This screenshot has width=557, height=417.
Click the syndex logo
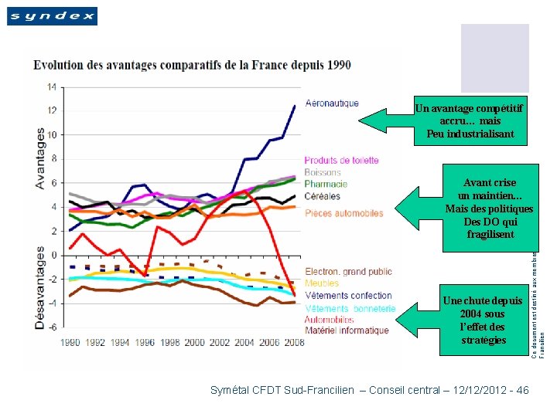point(52,15)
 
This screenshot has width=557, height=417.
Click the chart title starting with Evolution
point(191,65)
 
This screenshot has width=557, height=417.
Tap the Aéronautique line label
point(332,103)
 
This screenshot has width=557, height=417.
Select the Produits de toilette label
point(341,161)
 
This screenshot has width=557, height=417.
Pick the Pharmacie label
point(326,184)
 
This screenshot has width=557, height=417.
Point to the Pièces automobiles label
point(343,213)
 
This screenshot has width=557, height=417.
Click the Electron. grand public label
point(348,272)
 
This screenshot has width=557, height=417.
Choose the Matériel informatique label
point(347,331)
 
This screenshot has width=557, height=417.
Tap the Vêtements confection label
point(348,296)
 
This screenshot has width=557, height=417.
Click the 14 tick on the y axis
point(51,86)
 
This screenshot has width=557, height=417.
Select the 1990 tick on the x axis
point(70,342)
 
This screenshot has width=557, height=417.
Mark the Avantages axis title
point(40,158)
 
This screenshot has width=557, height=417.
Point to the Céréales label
point(323,196)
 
